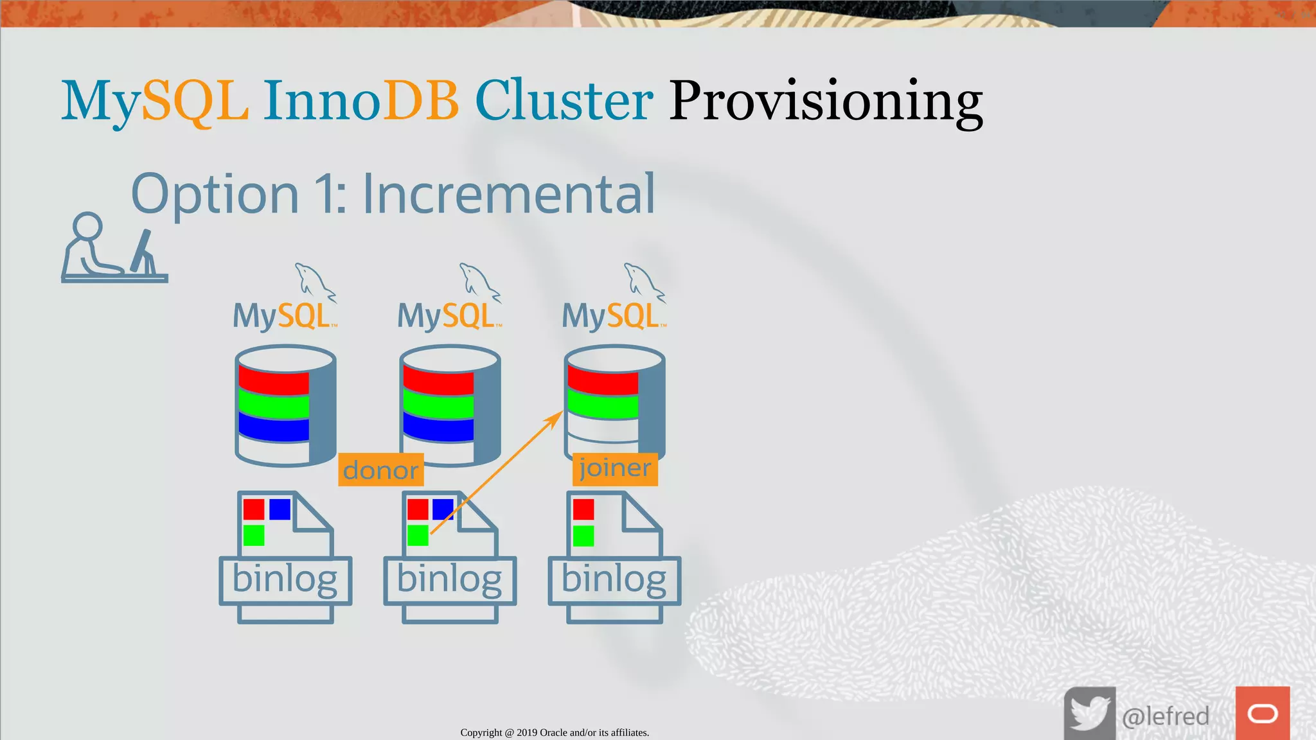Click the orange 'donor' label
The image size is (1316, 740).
pyautogui.click(x=380, y=470)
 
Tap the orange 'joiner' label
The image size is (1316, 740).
pyautogui.click(x=615, y=469)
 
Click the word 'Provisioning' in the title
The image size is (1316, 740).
pyautogui.click(x=826, y=101)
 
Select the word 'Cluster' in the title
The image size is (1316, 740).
pyautogui.click(x=564, y=101)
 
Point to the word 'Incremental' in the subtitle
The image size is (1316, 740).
pyautogui.click(x=508, y=194)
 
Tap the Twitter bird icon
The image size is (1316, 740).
pyautogui.click(x=1089, y=713)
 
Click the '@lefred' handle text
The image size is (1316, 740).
pyautogui.click(x=1165, y=716)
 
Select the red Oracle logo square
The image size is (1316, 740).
pyautogui.click(x=1262, y=713)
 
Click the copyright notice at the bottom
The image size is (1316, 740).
pyautogui.click(x=555, y=732)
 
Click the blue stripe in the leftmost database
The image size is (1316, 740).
pyautogui.click(x=274, y=427)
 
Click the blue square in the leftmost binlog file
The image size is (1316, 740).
pyautogui.click(x=280, y=509)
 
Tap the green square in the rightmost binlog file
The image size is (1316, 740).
pyautogui.click(x=583, y=536)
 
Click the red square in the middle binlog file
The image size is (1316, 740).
pyautogui.click(x=418, y=509)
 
